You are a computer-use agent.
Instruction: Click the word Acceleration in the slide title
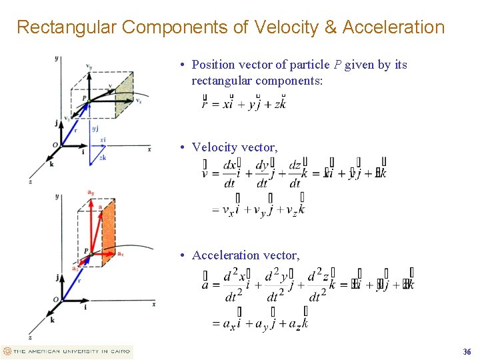pyautogui.click(x=393, y=27)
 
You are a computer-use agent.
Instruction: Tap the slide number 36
pyautogui.click(x=467, y=352)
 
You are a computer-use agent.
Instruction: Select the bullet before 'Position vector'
pyautogui.click(x=182, y=65)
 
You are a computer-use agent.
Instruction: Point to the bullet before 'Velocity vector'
pyautogui.click(x=182, y=147)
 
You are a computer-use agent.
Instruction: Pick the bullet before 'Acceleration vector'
pyautogui.click(x=182, y=255)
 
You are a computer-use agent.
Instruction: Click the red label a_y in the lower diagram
pyautogui.click(x=90, y=193)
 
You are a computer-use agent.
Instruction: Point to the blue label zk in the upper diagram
pyautogui.click(x=102, y=158)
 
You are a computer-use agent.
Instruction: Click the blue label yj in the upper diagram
pyautogui.click(x=95, y=128)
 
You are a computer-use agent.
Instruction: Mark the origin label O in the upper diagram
pyautogui.click(x=55, y=145)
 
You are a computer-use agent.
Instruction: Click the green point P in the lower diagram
pyautogui.click(x=91, y=253)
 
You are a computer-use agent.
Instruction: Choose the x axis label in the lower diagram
pyautogui.click(x=154, y=304)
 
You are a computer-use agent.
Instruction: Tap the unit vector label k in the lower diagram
pyautogui.click(x=52, y=319)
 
